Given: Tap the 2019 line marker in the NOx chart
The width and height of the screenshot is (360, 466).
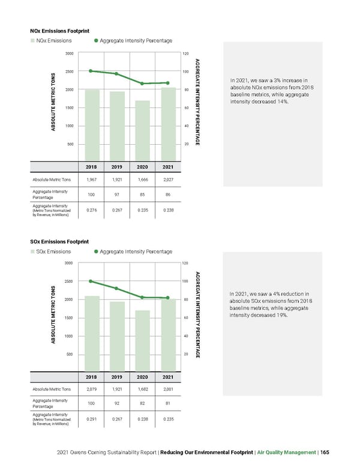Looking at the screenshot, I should point(116,74).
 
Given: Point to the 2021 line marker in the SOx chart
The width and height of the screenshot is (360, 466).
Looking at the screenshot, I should point(168,298).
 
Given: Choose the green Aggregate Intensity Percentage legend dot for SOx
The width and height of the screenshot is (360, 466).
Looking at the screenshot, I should point(95,252).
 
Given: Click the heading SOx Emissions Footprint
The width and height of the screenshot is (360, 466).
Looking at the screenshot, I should point(60,241).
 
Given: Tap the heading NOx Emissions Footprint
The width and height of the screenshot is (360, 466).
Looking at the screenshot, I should point(60,30).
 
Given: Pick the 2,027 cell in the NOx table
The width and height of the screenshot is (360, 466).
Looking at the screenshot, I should point(168,180).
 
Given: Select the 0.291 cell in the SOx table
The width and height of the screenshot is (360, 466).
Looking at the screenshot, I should point(92,419).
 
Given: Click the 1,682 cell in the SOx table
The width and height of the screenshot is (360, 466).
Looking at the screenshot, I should point(142,390).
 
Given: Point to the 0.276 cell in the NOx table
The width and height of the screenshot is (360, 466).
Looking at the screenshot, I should point(92,210).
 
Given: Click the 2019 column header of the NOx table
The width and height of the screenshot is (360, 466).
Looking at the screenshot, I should point(117,167).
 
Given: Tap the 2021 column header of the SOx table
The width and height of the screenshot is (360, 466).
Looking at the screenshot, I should point(168,377).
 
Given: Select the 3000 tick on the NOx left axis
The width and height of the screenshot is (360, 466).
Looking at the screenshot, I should point(70,54).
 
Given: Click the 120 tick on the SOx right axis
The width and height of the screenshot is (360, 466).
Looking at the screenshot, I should point(185,264).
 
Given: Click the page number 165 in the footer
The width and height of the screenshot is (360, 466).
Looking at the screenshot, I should point(325,452).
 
